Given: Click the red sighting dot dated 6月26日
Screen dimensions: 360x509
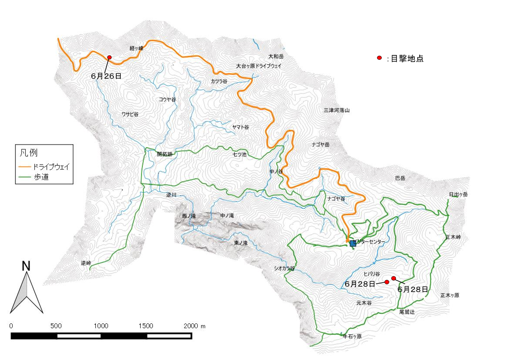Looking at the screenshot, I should coord(109,57).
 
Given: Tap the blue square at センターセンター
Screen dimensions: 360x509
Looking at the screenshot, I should coord(353,243).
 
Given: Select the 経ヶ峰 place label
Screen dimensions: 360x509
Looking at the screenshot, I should coord(136,48).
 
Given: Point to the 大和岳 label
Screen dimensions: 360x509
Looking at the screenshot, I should coord(276,56).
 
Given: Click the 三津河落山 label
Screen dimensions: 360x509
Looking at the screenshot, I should coord(336,110).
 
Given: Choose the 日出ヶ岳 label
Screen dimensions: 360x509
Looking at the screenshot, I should coord(458,194).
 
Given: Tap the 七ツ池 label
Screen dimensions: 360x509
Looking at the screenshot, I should coord(239,154).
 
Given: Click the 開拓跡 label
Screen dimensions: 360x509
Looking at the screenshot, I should coord(165,154).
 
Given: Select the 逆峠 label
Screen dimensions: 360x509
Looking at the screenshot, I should coord(86,263).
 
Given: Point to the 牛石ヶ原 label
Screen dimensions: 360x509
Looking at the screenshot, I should coord(352,336).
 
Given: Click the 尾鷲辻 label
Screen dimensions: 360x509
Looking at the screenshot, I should coord(407,312).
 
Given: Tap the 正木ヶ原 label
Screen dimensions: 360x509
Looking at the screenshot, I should coord(450,295).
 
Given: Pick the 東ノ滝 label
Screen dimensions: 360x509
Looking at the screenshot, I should coord(241,243).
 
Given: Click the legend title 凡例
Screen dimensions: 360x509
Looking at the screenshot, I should coord(29,153).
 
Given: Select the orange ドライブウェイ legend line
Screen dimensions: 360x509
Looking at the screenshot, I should coord(25,167).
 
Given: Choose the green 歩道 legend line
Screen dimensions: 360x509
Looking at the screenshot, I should coord(25,177).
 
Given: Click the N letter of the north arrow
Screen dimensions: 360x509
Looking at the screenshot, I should coord(26,266).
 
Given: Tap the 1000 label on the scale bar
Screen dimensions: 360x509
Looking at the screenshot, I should coord(101,326).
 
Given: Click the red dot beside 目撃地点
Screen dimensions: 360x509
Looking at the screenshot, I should coord(379,58).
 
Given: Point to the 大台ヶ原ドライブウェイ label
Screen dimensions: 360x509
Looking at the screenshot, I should coord(259,66).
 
